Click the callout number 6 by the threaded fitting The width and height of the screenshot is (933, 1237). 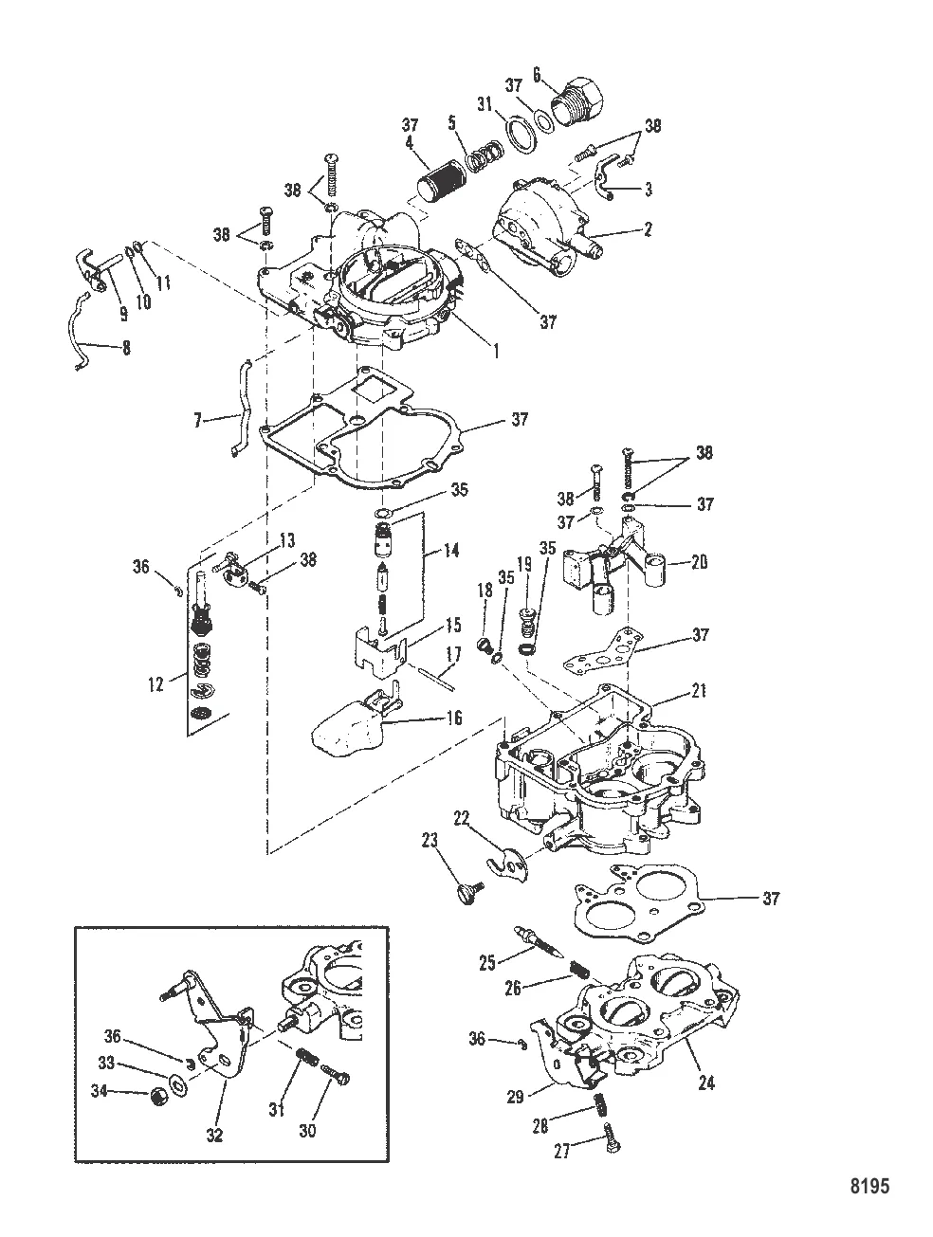536,74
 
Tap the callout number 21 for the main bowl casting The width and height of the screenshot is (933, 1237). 699,690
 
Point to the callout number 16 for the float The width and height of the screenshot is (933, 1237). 453,718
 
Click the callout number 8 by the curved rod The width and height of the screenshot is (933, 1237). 126,348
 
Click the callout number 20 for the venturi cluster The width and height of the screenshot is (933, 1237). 699,562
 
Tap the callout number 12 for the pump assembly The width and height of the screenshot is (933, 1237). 155,684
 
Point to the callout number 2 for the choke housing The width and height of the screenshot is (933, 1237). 648,229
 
